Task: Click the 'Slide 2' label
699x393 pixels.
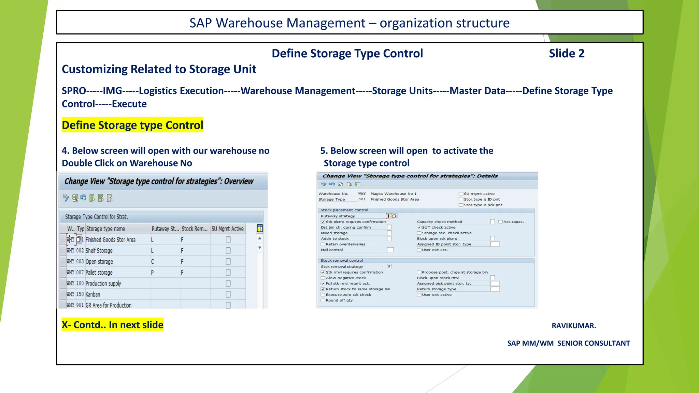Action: tap(567, 54)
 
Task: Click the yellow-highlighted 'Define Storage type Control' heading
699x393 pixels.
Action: tap(132, 125)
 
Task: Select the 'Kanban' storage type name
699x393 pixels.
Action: tap(93, 294)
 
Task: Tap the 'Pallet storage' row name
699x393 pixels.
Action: tap(99, 273)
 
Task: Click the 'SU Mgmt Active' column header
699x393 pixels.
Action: tap(228, 229)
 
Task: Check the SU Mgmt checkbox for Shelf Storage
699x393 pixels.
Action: tap(228, 251)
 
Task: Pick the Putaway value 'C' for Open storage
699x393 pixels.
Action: tap(153, 262)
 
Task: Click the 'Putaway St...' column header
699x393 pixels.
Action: tap(165, 229)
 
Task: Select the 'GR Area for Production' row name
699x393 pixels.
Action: tap(109, 305)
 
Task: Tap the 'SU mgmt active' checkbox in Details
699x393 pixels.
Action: tap(461, 194)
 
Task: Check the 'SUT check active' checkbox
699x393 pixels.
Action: tap(419, 228)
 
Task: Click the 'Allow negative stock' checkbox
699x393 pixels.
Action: tap(323, 278)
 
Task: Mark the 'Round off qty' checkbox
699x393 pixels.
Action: tap(323, 301)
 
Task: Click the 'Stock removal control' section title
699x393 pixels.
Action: tap(342, 261)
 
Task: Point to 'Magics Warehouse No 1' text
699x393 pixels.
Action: tap(394, 194)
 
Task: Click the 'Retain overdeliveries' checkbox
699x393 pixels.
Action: tap(323, 244)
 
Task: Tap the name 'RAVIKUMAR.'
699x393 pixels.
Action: tap(574, 326)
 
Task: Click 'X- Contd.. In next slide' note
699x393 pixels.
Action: tap(113, 325)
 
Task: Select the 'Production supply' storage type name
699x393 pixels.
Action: tap(103, 283)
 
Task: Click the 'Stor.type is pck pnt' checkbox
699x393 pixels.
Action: tap(461, 205)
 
